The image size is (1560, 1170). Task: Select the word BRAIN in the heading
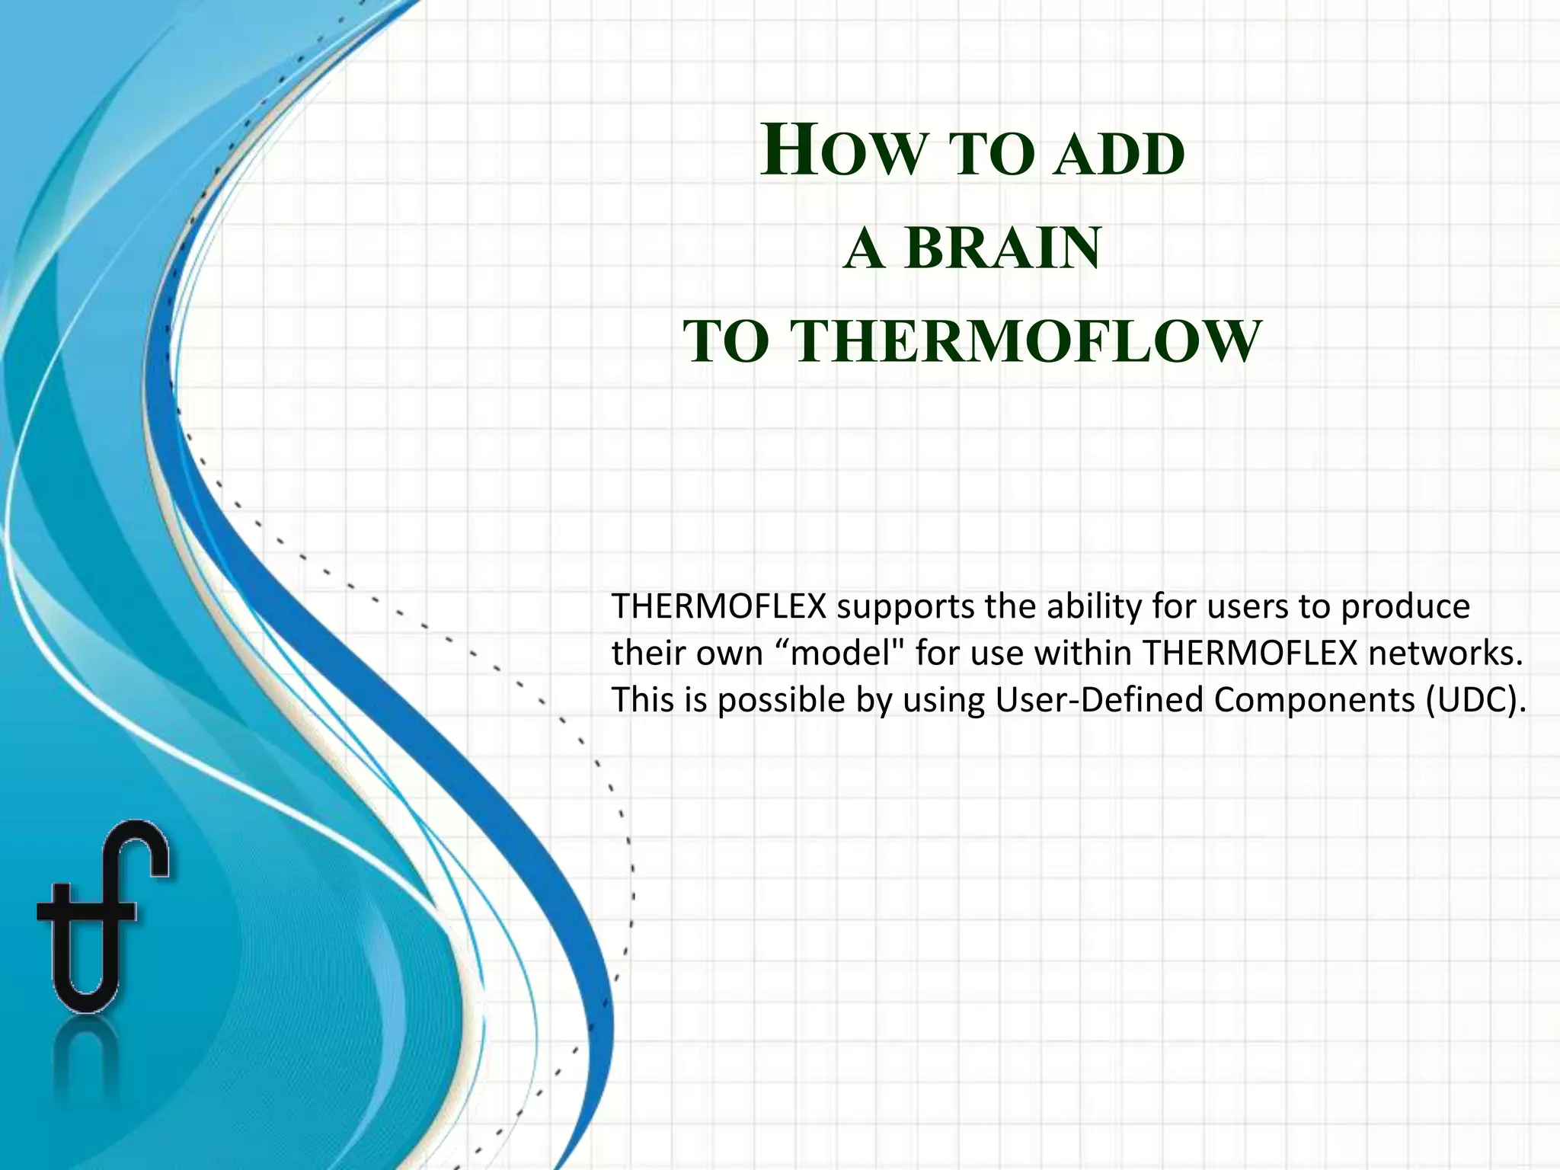[1003, 248]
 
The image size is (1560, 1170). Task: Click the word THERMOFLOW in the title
[1026, 341]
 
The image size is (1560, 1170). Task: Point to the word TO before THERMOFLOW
[726, 343]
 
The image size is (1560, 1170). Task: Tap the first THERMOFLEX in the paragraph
[719, 607]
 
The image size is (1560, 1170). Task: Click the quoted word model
[842, 654]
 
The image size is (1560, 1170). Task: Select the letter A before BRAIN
[864, 248]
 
